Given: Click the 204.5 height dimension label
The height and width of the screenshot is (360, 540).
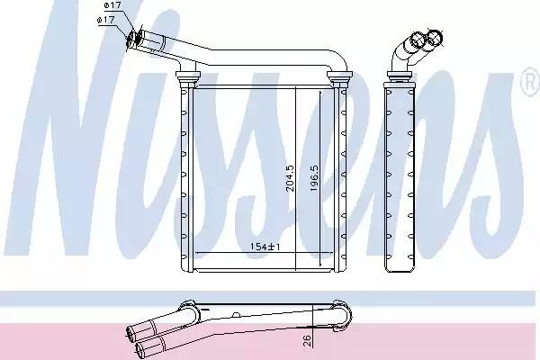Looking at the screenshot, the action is pos(290,178).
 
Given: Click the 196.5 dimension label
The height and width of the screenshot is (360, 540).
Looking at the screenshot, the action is pos(314,178).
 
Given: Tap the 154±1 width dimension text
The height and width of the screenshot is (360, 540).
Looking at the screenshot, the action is pos(265,247).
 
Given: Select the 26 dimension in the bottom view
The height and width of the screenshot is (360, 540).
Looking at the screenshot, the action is pos(308,341).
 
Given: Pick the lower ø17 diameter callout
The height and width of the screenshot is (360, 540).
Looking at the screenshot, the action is pos(105,20).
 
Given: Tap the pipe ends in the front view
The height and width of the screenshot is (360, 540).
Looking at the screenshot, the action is pos(135,38).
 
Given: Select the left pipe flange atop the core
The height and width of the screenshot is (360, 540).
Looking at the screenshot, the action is pos(188,75).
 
